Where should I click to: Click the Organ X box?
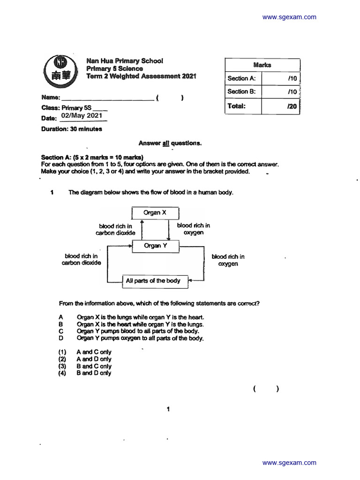pyautogui.click(x=155, y=213)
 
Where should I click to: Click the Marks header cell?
pyautogui.click(x=262, y=65)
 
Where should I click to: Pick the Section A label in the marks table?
pyautogui.click(x=242, y=78)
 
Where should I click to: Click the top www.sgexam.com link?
pyautogui.click(x=289, y=17)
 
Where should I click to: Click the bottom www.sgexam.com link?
pyautogui.click(x=289, y=463)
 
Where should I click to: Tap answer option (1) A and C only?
pyautogui.click(x=94, y=352)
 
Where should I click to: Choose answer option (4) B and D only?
pyautogui.click(x=94, y=373)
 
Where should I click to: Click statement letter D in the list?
pyautogui.click(x=61, y=338)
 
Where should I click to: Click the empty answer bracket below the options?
pyautogui.click(x=266, y=389)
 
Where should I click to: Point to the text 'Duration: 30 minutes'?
pyautogui.click(x=71, y=129)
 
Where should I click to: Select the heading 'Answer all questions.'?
pyautogui.click(x=170, y=143)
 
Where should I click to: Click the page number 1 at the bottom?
pyautogui.click(x=168, y=409)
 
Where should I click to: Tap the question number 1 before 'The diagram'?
pyautogui.click(x=52, y=192)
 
